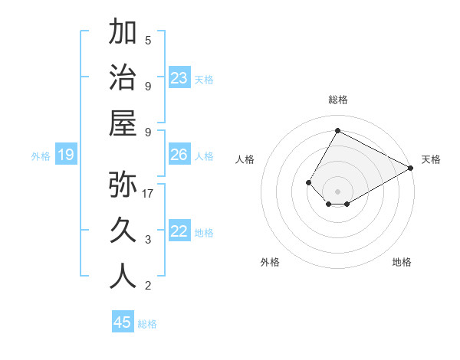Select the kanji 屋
[123, 123]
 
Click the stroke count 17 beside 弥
[148, 194]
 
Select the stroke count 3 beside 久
[148, 240]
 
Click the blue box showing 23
[179, 78]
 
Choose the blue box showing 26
[179, 155]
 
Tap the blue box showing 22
[179, 231]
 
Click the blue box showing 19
[65, 155]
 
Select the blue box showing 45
[123, 322]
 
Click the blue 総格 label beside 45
[147, 324]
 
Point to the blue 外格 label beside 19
[41, 156]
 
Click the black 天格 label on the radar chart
[431, 159]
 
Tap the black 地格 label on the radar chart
[402, 263]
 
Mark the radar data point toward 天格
[411, 168]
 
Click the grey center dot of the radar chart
[337, 191]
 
